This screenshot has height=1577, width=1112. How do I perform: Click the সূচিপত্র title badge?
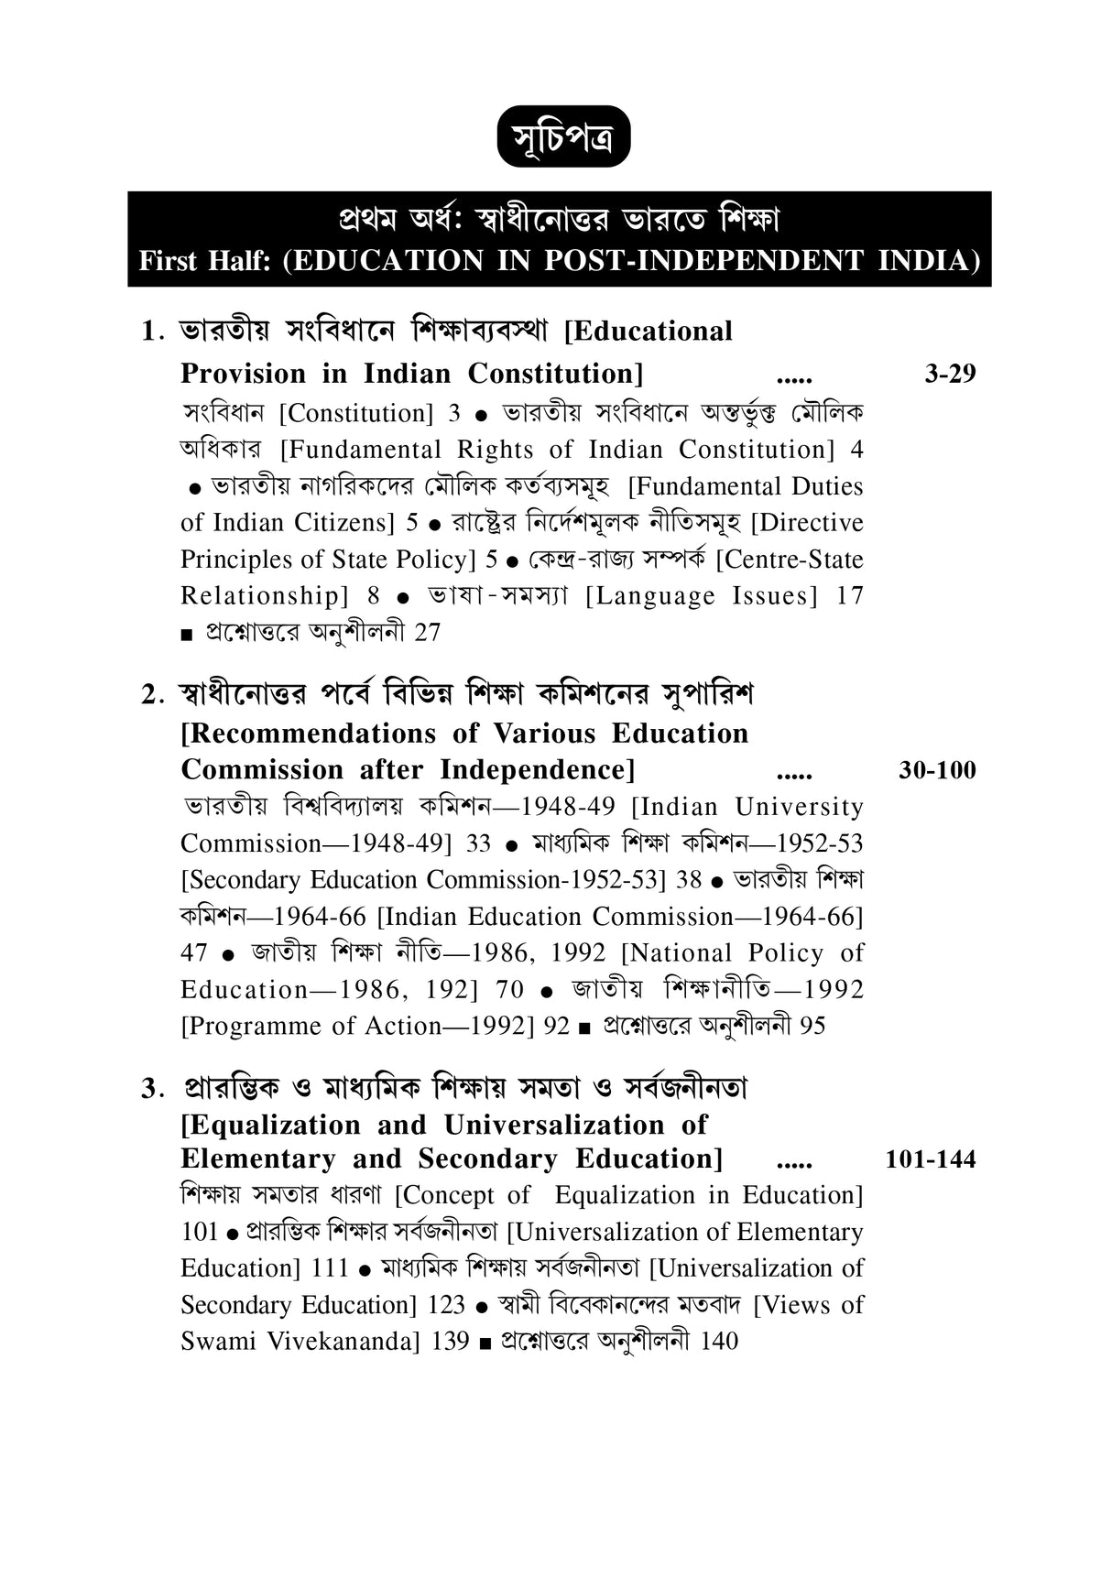coord(563,136)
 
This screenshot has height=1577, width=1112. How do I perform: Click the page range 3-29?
coord(950,374)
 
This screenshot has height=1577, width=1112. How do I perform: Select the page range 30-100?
coord(937,770)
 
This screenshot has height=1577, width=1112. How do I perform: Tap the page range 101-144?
coord(931,1159)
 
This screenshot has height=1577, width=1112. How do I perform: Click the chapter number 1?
coord(150,332)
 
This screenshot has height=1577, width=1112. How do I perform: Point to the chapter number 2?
coord(150,695)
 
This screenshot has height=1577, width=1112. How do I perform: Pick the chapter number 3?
coord(150,1089)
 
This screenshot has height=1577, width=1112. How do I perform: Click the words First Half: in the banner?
coord(206,261)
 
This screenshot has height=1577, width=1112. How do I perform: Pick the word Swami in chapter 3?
coord(218,1342)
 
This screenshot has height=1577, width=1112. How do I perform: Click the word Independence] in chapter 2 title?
coord(537,770)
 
